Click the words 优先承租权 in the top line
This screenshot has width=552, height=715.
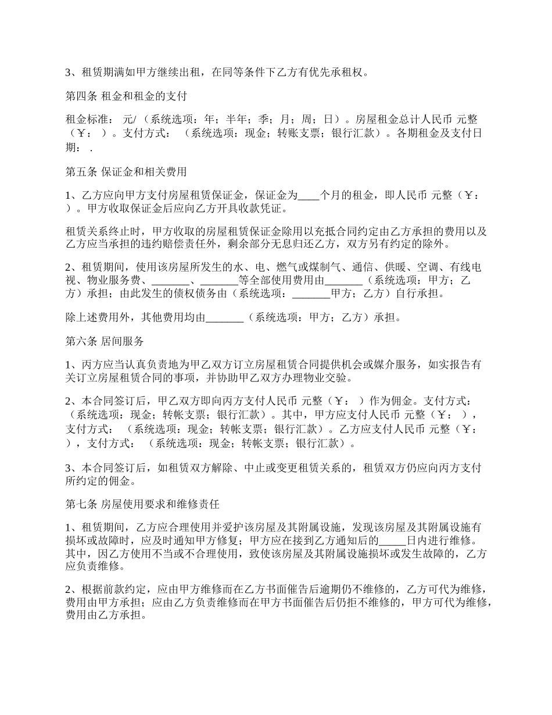[x=341, y=73]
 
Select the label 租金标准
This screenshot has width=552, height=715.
[x=87, y=119]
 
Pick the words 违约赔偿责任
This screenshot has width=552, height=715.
[x=168, y=244]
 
